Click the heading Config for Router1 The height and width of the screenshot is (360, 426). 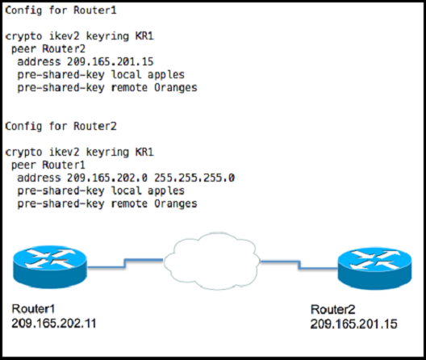tap(61, 10)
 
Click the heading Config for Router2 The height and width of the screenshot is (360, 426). tap(61, 127)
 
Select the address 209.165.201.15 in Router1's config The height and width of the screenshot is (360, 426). tap(111, 61)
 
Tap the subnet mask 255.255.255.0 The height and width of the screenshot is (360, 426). tap(194, 178)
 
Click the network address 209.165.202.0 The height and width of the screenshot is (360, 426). tap(107, 178)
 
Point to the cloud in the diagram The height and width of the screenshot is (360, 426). tap(211, 261)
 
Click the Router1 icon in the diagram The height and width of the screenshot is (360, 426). tap(50, 266)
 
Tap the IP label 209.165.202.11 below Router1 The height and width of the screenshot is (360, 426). tap(54, 324)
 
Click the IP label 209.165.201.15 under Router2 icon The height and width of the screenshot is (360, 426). tap(353, 324)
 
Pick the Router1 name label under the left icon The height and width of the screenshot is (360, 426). tap(33, 309)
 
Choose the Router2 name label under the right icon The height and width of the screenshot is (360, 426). tap(333, 309)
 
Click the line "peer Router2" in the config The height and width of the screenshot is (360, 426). tap(48, 49)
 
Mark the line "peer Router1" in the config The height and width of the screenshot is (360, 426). tap(48, 165)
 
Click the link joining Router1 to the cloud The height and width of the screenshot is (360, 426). tap(125, 263)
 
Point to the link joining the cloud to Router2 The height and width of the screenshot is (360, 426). tap(299, 265)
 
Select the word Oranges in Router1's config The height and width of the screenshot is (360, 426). tap(176, 88)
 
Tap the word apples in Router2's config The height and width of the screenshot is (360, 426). tap(166, 190)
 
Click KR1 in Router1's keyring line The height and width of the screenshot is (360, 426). tap(144, 36)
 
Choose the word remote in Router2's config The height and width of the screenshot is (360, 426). tap(129, 203)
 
